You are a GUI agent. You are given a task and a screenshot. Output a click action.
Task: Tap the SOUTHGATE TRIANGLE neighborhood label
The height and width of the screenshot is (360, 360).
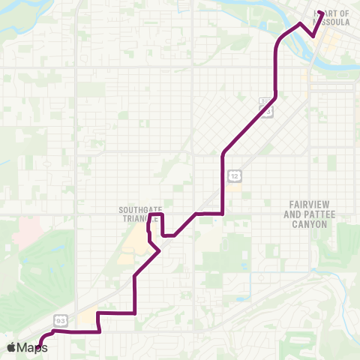tap(135, 214)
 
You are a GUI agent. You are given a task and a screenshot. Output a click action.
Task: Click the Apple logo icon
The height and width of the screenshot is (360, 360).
tap(12, 347)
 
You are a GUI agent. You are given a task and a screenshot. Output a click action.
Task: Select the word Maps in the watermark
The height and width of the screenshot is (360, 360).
tap(34, 347)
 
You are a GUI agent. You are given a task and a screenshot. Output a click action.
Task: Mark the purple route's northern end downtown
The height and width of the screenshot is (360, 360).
tap(320, 13)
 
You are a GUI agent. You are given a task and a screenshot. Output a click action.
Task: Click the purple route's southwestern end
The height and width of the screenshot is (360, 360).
tap(39, 346)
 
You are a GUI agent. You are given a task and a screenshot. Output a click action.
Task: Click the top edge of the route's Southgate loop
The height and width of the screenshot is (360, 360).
tap(156, 215)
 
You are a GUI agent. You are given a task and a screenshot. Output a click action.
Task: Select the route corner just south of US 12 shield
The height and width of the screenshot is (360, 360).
tap(223, 214)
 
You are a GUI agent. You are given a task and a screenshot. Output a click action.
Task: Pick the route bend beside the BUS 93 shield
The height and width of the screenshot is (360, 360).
tap(277, 95)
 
